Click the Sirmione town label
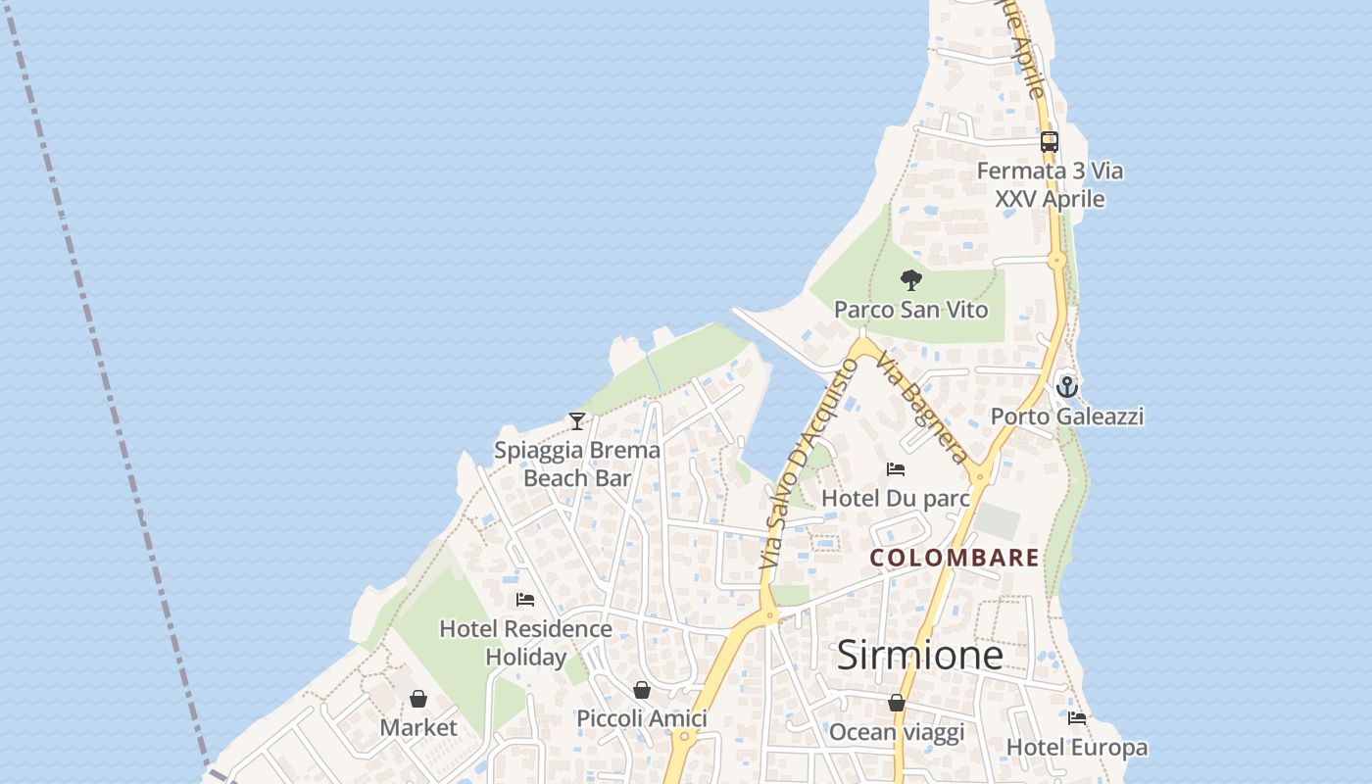919,656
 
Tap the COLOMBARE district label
955,558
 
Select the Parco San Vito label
910,310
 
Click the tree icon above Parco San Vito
911,280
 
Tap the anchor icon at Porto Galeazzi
1067,387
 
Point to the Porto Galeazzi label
1067,416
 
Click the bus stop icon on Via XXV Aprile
1050,142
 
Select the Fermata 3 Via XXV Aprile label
1050,184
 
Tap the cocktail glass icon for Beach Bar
577,421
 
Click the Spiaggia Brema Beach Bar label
577,465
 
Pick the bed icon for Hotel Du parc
895,469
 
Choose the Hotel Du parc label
895,498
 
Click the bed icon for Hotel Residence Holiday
525,600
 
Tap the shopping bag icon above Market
418,699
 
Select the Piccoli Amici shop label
641,718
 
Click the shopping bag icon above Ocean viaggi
897,703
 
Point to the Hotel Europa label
1076,748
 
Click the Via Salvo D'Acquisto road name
802,463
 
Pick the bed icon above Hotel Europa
1077,718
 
